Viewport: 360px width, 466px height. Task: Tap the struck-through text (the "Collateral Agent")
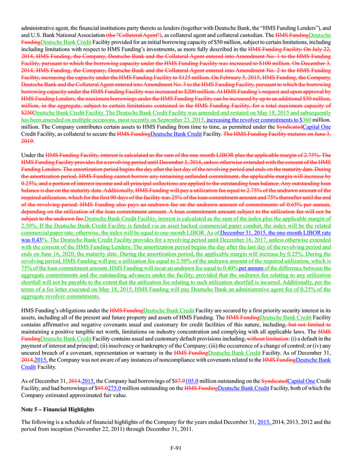click(134, 35)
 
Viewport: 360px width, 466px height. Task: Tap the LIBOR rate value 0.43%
click(36, 240)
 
